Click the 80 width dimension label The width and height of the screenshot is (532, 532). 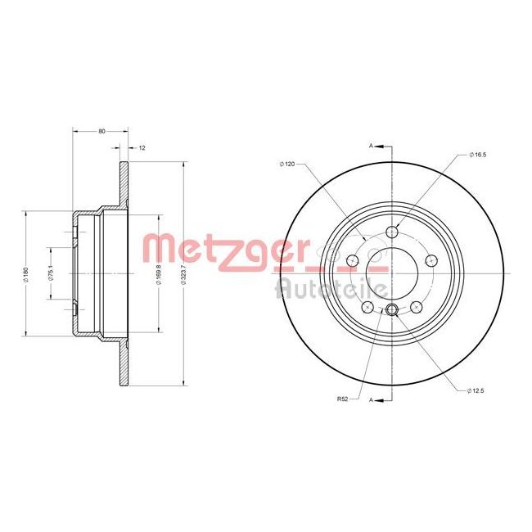point(101,130)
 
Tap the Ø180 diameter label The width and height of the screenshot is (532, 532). point(27,273)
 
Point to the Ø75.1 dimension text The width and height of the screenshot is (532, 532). point(51,273)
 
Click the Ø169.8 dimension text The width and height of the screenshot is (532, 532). point(158,274)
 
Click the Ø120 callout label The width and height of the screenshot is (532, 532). point(286,165)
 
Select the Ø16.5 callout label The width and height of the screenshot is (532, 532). point(478,155)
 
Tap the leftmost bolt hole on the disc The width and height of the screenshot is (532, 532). point(354,261)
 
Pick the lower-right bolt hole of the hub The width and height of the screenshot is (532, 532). point(417,305)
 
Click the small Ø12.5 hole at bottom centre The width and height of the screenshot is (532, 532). point(392,309)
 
